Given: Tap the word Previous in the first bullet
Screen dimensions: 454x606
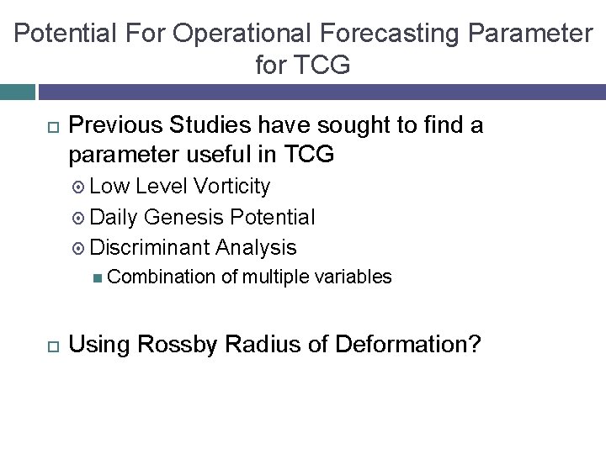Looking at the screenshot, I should click(114, 126).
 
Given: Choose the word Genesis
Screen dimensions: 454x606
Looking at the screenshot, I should click(184, 217).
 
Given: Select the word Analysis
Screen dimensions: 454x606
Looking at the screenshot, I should click(256, 247).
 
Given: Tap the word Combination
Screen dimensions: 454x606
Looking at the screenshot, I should click(162, 277).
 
